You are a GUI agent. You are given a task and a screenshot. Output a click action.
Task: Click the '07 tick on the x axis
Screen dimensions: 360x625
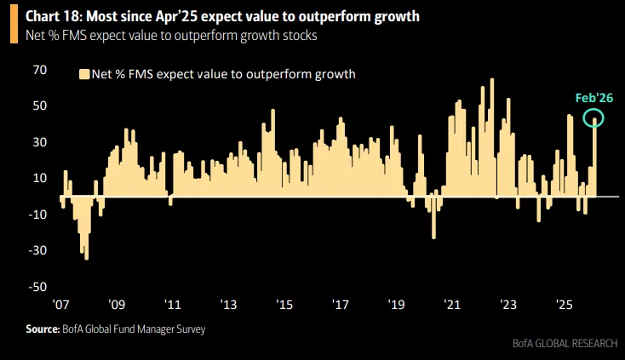[x=60, y=305]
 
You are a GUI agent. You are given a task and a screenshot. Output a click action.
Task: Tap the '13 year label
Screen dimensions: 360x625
[x=228, y=305]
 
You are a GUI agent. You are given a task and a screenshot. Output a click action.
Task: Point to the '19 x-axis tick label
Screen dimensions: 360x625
[x=396, y=305]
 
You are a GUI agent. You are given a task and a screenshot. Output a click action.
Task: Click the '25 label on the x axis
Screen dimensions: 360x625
[x=564, y=305]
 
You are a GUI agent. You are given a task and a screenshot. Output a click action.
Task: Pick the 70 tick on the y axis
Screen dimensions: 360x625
[x=39, y=70]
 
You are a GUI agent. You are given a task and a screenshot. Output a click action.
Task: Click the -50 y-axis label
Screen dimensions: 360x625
[x=37, y=287]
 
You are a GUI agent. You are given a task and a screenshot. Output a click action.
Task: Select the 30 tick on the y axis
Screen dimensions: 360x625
[x=39, y=142]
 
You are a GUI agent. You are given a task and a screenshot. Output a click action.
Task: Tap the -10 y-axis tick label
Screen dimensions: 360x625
[x=37, y=214]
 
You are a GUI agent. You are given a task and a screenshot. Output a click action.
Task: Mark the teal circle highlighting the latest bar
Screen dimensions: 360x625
[x=593, y=119]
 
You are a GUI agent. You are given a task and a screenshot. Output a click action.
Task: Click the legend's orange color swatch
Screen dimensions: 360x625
[x=83, y=74]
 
